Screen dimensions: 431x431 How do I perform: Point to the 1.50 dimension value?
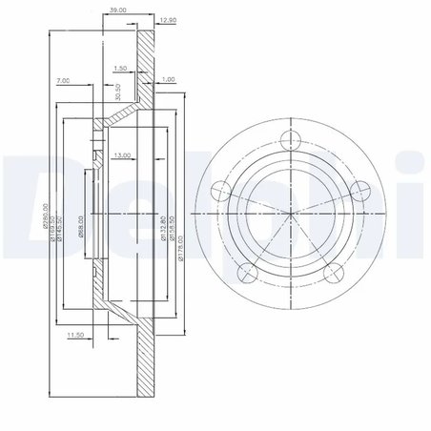[120, 70]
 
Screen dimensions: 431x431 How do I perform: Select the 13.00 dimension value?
[122, 154]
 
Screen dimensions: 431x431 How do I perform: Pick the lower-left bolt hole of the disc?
[246, 274]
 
